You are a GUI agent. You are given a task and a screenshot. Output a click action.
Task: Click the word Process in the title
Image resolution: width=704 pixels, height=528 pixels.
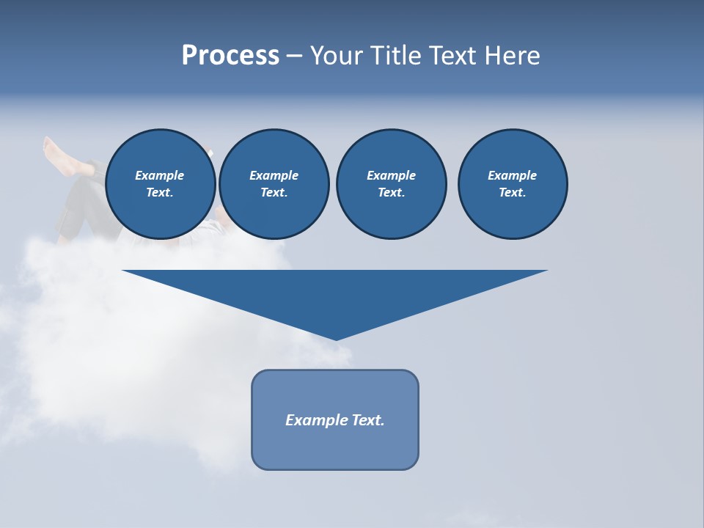tap(230, 56)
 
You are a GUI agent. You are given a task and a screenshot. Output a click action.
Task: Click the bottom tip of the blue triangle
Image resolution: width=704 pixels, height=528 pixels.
tap(336, 338)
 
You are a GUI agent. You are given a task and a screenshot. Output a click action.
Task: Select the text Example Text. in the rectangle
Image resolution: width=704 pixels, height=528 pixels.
tap(335, 420)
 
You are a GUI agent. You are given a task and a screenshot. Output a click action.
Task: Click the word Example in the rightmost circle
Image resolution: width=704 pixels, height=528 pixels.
tap(512, 175)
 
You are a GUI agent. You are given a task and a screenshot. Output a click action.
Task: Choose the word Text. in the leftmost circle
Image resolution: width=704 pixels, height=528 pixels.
tap(160, 192)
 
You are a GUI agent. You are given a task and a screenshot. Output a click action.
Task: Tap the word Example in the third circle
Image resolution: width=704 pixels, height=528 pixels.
tap(391, 175)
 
